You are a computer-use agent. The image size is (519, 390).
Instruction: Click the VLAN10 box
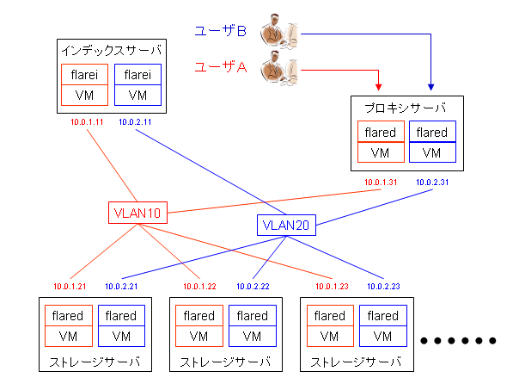click(137, 212)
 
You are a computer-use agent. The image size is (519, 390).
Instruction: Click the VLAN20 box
click(287, 226)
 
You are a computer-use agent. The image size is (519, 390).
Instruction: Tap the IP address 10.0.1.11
click(88, 122)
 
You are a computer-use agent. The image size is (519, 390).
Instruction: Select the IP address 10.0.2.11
click(135, 122)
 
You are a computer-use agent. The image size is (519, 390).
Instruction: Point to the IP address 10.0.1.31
click(380, 183)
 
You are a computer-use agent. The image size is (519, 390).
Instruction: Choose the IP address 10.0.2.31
click(431, 183)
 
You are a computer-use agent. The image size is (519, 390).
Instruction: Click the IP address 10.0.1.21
click(70, 286)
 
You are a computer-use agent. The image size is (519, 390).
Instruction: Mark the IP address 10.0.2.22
click(253, 286)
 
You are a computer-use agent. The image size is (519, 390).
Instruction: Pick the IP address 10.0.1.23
click(332, 286)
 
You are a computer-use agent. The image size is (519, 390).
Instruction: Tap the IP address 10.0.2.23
click(384, 286)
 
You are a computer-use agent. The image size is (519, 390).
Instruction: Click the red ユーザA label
click(221, 67)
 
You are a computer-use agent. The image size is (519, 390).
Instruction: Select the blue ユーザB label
click(221, 32)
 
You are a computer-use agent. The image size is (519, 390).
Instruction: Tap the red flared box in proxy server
click(381, 133)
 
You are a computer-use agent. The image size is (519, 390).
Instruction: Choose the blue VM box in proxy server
click(432, 152)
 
